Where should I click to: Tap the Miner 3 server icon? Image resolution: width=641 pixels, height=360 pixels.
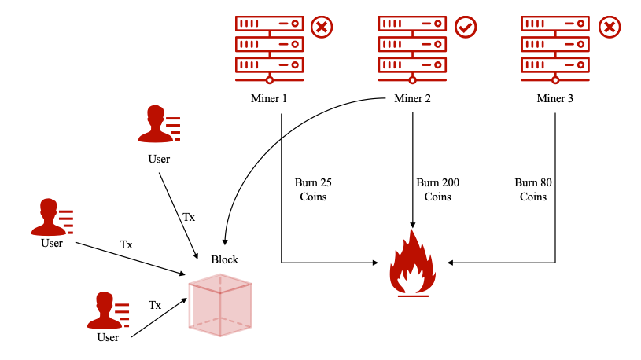point(554,45)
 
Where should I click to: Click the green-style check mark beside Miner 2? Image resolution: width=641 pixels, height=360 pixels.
point(466,28)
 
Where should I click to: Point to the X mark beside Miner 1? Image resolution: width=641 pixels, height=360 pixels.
point(322,28)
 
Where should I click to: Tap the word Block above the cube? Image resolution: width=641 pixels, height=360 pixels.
point(224,259)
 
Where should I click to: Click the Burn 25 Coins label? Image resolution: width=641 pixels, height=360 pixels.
point(313,189)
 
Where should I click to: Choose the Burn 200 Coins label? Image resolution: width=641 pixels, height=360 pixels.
point(438,189)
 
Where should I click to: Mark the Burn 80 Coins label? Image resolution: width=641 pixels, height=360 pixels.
point(532,189)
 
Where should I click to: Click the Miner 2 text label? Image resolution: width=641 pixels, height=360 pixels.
point(412,98)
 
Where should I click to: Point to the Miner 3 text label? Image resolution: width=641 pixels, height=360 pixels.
point(555,98)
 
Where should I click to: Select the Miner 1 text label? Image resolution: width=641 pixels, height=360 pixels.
point(270,98)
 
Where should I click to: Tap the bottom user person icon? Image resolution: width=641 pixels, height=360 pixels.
point(107,311)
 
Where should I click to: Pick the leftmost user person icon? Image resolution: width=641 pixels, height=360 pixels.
point(50,217)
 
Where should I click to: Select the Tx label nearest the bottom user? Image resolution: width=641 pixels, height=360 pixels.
point(155,304)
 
